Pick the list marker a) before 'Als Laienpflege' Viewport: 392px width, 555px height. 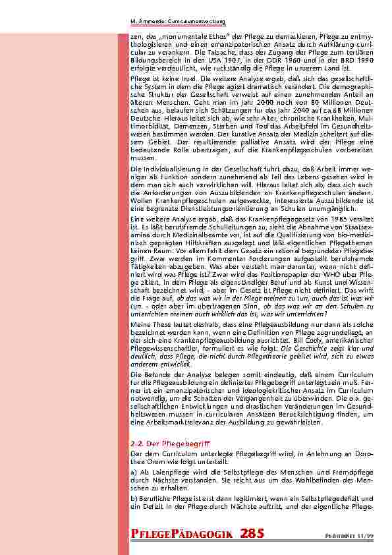[x=134, y=471]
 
